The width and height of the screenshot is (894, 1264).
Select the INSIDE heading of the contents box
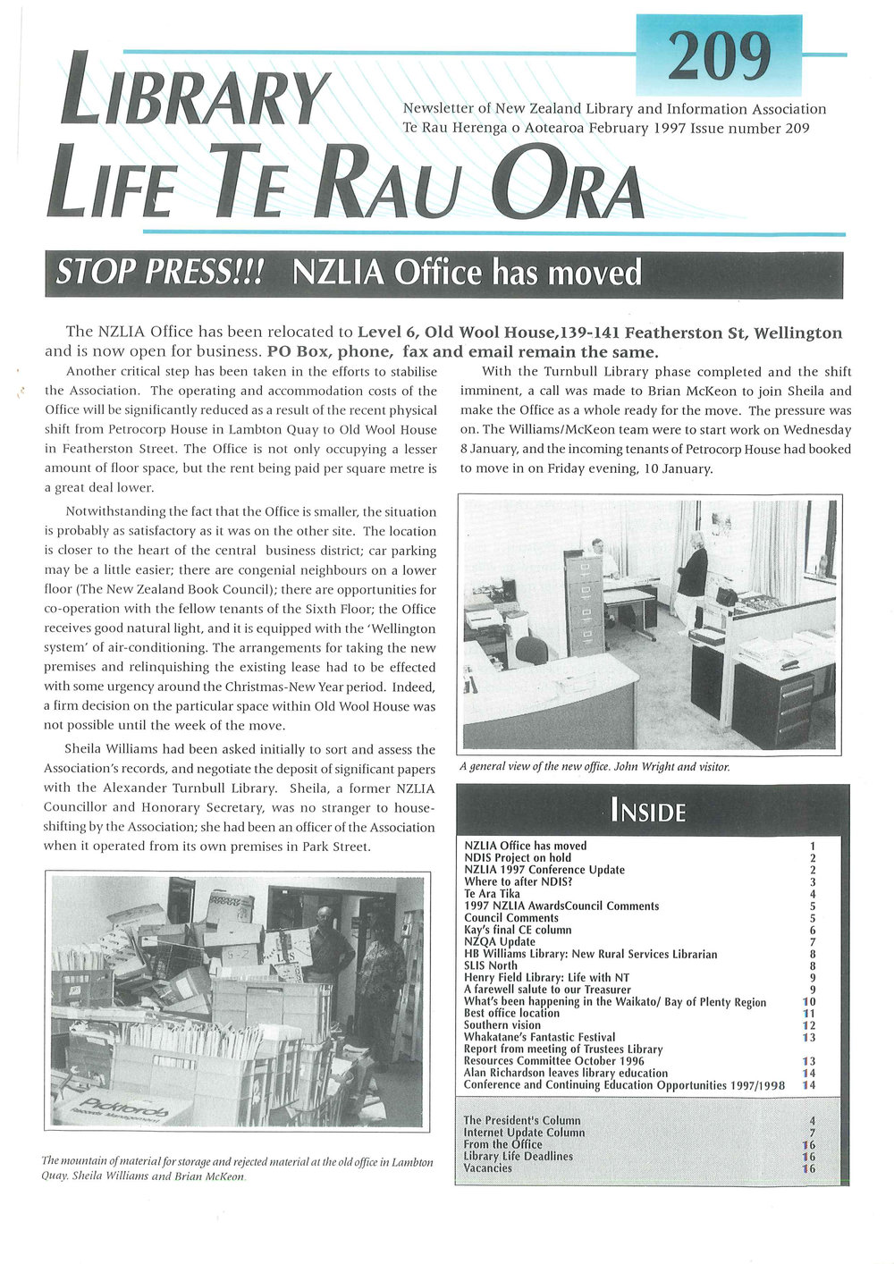click(648, 812)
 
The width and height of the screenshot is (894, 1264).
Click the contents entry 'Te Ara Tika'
click(492, 893)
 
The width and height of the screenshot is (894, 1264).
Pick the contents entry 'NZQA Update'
click(499, 941)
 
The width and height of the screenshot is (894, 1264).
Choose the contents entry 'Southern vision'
click(502, 1025)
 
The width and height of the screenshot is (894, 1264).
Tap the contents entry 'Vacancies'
click(487, 1167)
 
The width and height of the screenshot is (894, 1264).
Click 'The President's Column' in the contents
click(522, 1120)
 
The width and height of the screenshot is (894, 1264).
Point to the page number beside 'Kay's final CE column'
click(812, 930)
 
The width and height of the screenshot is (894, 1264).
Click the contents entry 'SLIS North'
click(490, 965)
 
